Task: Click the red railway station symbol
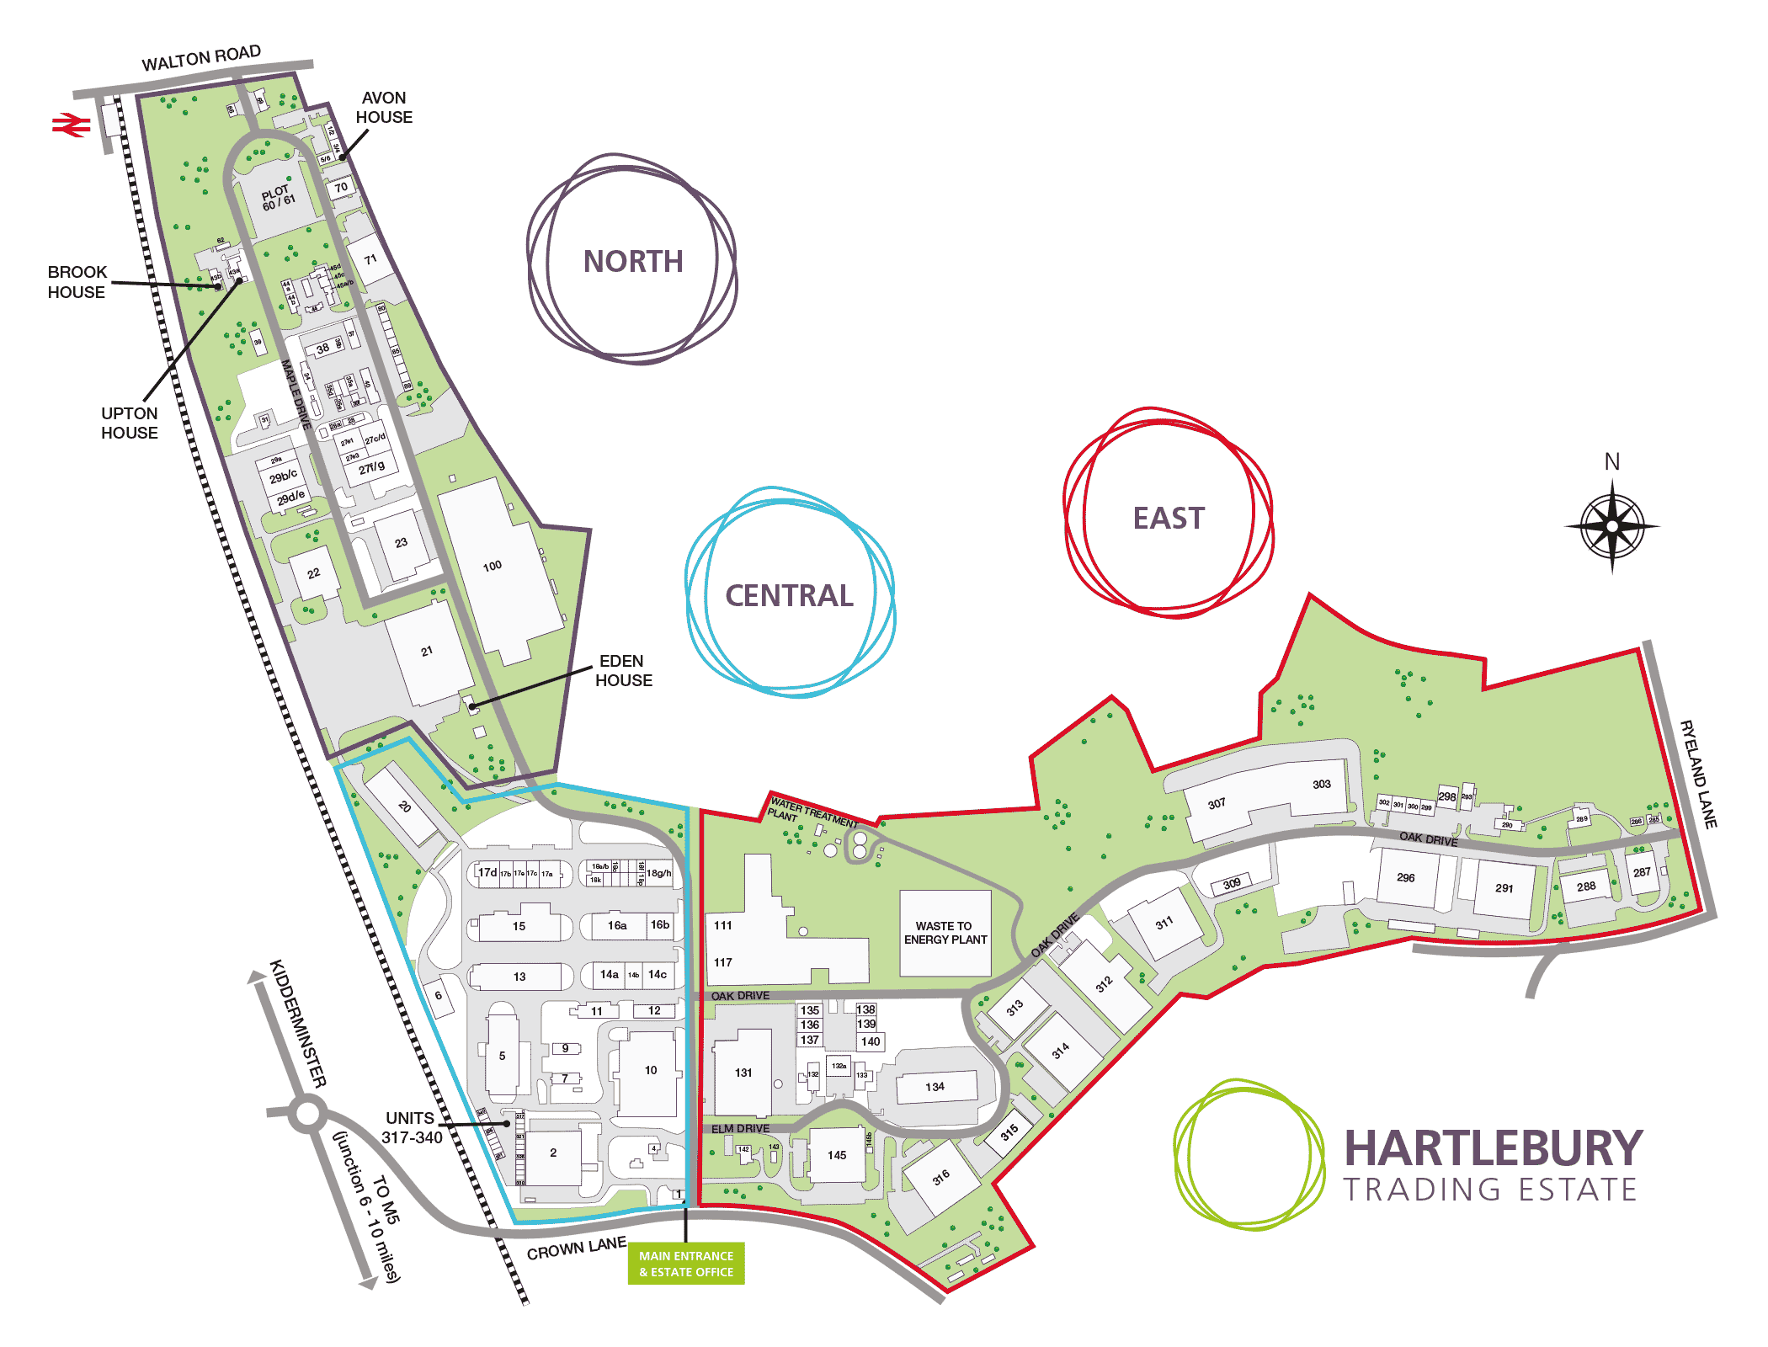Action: (x=71, y=125)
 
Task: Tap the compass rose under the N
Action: (x=1611, y=526)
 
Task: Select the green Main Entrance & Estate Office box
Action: (x=685, y=1263)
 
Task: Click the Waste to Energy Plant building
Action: (x=945, y=933)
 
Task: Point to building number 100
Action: (x=493, y=567)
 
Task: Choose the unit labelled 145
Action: (x=836, y=1155)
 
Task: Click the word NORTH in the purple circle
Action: (x=633, y=262)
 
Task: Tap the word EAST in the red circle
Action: (x=1169, y=519)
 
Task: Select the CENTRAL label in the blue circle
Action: (x=789, y=596)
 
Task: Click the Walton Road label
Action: (x=201, y=58)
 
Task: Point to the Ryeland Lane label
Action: (x=1698, y=775)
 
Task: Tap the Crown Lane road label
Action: (x=577, y=1249)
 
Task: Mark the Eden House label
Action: (x=623, y=671)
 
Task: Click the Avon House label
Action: (x=384, y=108)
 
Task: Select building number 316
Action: (x=940, y=1177)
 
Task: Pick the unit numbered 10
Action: (x=650, y=1071)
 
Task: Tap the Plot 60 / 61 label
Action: (x=278, y=199)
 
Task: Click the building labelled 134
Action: (x=935, y=1087)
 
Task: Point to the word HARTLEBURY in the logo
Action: (x=1493, y=1148)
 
